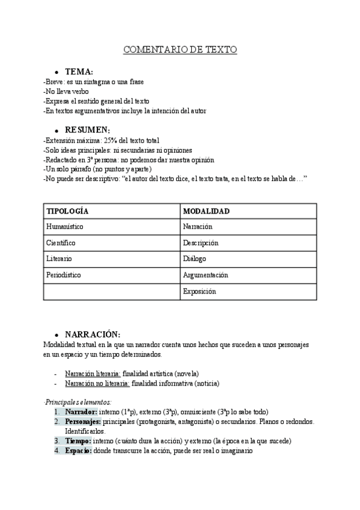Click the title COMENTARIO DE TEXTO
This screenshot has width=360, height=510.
point(180,50)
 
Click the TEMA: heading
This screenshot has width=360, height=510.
point(79,72)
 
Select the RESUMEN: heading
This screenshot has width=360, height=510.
point(87,130)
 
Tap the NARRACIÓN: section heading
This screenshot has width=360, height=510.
point(93,334)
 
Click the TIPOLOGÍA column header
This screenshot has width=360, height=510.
point(67,211)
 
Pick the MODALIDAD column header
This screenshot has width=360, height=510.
point(206,211)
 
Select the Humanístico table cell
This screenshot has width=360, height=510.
point(64,227)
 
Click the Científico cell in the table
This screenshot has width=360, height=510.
point(61,243)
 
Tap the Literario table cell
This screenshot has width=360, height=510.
point(59,259)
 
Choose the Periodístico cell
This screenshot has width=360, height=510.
point(63,275)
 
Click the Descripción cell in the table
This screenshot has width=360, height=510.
point(201,243)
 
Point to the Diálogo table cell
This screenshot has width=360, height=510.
point(195,259)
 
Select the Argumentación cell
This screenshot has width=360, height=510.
point(206,275)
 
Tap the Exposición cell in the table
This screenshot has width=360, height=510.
point(200,291)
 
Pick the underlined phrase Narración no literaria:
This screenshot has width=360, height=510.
point(97,383)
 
